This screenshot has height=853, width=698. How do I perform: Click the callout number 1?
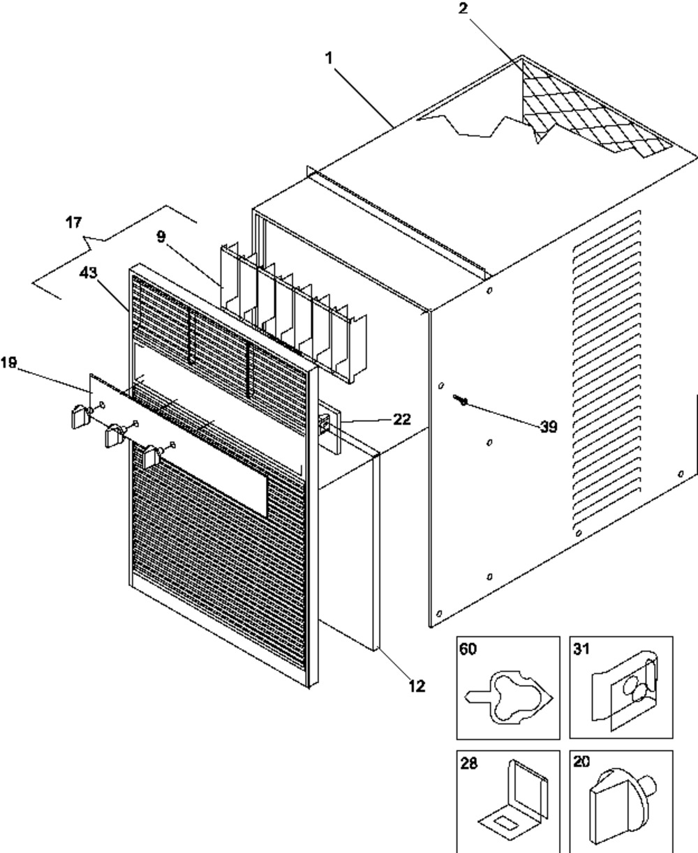(x=328, y=59)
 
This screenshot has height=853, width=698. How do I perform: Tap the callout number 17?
(x=73, y=223)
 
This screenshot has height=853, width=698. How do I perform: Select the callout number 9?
(x=161, y=236)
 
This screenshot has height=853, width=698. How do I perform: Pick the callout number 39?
(x=549, y=427)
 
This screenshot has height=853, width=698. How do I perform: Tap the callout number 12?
(x=416, y=686)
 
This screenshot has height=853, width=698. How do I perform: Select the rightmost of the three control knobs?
(x=151, y=457)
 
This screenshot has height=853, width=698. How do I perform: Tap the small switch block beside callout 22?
(x=325, y=423)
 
